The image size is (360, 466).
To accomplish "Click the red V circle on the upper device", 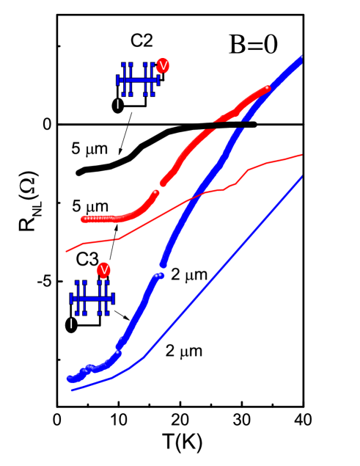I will pyautogui.click(x=163, y=66).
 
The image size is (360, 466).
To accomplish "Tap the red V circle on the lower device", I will pyautogui.click(x=104, y=270).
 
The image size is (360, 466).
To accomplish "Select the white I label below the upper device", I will pyautogui.click(x=117, y=104).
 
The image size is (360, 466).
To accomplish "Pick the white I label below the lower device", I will pyautogui.click(x=71, y=324).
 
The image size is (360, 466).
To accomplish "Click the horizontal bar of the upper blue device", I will pyautogui.click(x=138, y=80).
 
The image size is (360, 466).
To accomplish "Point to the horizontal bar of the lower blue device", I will pyautogui.click(x=92, y=299).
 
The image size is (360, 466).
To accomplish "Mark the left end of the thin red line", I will pyautogui.click(x=67, y=252).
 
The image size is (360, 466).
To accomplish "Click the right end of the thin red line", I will pyautogui.click(x=301, y=155).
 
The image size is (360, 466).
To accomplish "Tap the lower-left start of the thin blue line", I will pyautogui.click(x=72, y=390).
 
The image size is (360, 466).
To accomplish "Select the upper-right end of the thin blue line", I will pyautogui.click(x=301, y=177).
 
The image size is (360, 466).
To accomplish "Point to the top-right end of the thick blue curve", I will pyautogui.click(x=301, y=58).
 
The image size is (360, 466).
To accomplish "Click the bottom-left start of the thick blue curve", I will pyautogui.click(x=70, y=379).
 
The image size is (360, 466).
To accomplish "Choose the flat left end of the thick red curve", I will pyautogui.click(x=84, y=219).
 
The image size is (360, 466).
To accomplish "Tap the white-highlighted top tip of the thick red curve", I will pyautogui.click(x=267, y=88).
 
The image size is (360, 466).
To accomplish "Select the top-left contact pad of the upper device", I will pyautogui.click(x=124, y=65).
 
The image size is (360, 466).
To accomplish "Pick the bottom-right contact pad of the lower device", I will pyautogui.click(x=107, y=313).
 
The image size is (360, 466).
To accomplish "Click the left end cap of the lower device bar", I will pyautogui.click(x=71, y=299).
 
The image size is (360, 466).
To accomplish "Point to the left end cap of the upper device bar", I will pyautogui.click(x=118, y=80).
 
